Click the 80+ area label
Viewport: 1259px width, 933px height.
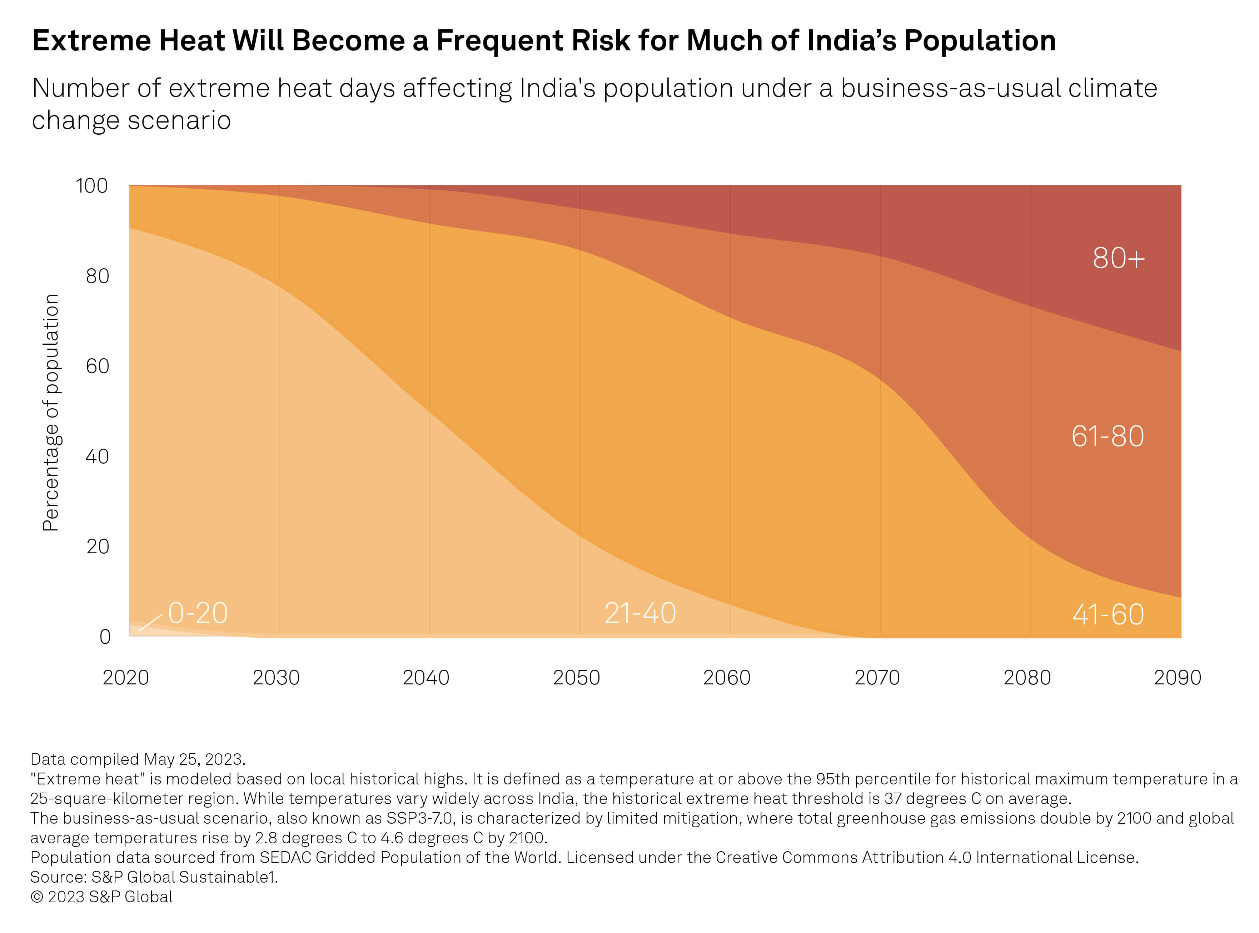1118,259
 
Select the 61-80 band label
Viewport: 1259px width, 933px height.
1107,436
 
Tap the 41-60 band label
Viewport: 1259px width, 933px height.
1108,614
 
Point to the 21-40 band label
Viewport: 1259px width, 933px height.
640,613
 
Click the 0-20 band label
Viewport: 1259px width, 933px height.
198,613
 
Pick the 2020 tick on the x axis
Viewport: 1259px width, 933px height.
125,678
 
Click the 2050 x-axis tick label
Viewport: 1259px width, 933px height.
576,678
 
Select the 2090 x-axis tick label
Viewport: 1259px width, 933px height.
1177,678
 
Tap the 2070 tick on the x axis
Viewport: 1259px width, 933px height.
877,678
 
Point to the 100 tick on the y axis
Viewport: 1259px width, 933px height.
91,186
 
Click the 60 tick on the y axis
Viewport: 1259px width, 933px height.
97,366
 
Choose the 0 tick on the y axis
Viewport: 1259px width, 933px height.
105,637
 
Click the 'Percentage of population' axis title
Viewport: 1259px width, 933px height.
51,412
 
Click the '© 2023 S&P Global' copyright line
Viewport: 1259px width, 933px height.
102,897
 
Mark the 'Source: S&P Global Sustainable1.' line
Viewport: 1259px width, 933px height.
154,877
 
